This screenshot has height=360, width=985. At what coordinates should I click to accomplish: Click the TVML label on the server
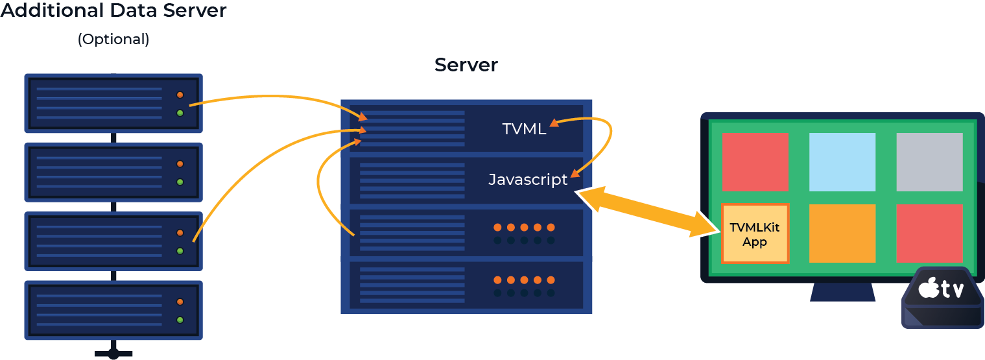coord(524,128)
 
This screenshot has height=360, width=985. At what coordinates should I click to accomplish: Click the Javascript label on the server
coord(528,180)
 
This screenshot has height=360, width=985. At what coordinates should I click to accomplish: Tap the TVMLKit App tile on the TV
coord(755,234)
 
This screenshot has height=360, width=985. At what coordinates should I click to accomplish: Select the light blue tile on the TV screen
coord(842,162)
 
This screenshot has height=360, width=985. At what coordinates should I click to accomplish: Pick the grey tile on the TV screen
coord(929,162)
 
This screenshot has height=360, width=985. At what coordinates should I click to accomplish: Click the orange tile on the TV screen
coord(842,234)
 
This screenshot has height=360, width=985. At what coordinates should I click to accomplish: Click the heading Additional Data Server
coord(113,11)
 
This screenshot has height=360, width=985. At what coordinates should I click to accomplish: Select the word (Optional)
coord(113,40)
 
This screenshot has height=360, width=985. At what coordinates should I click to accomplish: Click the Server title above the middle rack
coord(466,65)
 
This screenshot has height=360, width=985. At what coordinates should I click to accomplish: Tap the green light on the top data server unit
coord(180,114)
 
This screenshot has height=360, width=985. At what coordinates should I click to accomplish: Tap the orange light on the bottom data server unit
coord(180,302)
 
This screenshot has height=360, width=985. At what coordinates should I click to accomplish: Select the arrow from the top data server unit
coord(272,98)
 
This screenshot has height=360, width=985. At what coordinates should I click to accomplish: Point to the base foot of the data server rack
coord(113,354)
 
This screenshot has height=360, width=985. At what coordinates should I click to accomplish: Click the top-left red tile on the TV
coord(755,162)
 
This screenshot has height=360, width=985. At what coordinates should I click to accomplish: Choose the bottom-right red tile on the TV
coord(929,234)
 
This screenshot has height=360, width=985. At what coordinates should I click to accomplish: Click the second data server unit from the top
coord(113,173)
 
